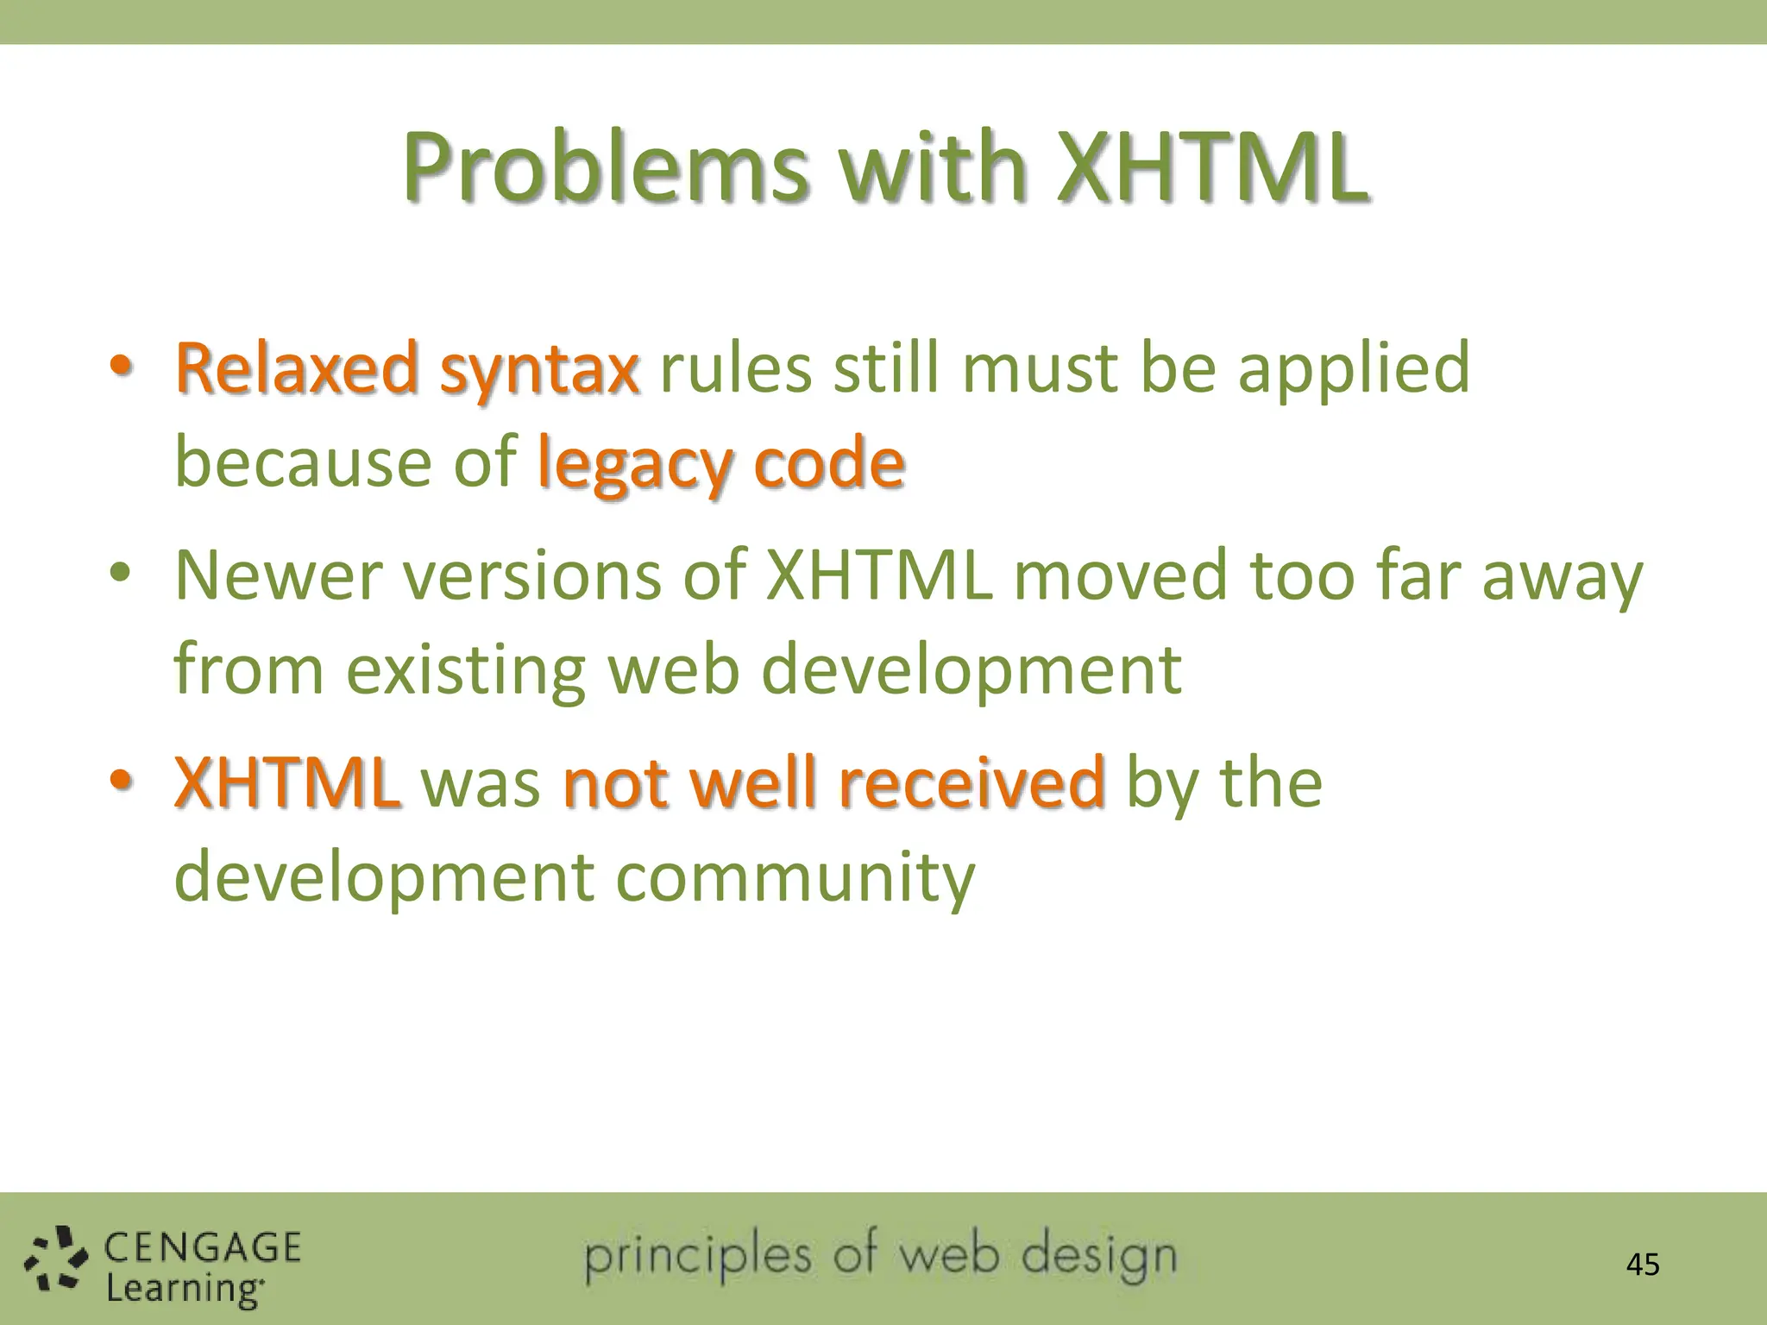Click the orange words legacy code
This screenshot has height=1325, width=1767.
[x=720, y=464]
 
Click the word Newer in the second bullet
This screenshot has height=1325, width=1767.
[x=278, y=576]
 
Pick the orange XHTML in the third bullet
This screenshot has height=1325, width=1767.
[x=287, y=783]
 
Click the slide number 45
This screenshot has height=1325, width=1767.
[x=1642, y=1265]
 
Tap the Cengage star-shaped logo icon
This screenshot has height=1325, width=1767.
[x=55, y=1262]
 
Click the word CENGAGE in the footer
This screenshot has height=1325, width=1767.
[x=203, y=1248]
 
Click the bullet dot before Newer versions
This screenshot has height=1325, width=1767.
[x=120, y=573]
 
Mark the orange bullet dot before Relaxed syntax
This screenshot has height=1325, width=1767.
[x=120, y=366]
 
